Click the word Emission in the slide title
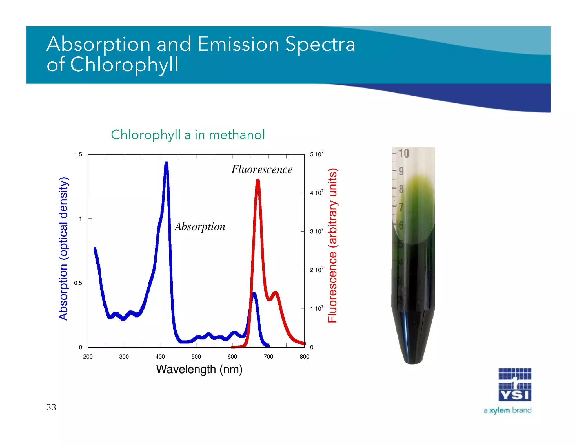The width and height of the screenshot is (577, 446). tap(238, 44)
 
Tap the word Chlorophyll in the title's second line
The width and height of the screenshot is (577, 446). tap(124, 65)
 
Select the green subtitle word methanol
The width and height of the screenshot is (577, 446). tap(237, 135)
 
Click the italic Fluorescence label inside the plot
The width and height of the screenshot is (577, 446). tap(262, 169)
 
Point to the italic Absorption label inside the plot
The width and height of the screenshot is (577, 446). tap(200, 227)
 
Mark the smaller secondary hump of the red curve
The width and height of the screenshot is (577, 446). tap(276, 293)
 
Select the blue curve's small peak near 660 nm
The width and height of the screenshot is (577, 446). tap(254, 294)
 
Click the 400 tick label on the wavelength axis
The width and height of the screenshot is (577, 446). tap(160, 357)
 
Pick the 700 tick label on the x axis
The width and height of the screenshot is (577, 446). tap(268, 357)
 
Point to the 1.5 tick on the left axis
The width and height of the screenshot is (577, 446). tap(78, 154)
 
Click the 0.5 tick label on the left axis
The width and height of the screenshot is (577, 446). tap(78, 283)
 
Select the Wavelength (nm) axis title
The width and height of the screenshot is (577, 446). tap(199, 369)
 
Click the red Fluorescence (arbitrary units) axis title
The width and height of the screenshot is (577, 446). tap(332, 245)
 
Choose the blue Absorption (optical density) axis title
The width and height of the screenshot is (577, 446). tap(63, 249)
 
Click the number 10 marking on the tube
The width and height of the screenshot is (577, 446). tap(404, 154)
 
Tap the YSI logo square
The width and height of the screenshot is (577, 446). tap(515, 385)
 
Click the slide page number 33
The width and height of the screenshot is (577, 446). tap(51, 407)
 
